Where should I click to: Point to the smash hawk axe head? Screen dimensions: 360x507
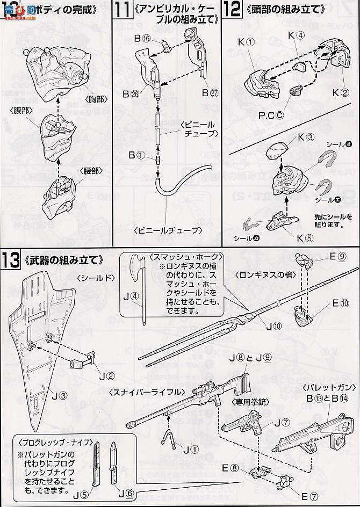135,265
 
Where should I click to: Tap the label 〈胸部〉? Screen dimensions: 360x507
96,99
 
